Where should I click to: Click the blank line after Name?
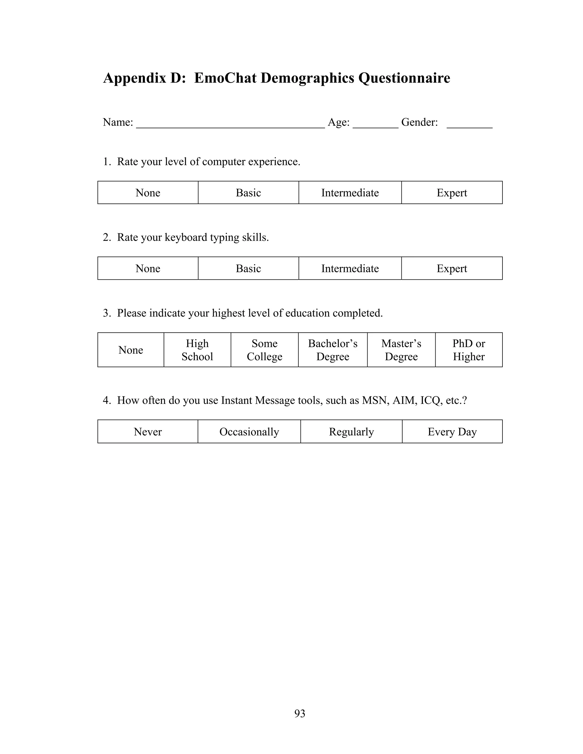230,124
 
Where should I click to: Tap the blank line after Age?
375,124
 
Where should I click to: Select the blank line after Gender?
469,124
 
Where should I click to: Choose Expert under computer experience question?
452,193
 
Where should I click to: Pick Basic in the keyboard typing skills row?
248,268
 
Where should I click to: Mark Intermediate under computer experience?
350,193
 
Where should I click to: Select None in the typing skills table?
148,268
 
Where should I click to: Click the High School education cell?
197,350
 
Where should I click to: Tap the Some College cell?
264,350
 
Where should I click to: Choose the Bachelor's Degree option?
332,350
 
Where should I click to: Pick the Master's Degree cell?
401,350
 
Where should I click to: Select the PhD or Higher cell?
469,350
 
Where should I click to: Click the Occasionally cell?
249,432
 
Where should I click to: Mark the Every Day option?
452,432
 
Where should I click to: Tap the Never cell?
148,432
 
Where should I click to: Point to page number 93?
300,713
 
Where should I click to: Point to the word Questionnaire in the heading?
404,78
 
